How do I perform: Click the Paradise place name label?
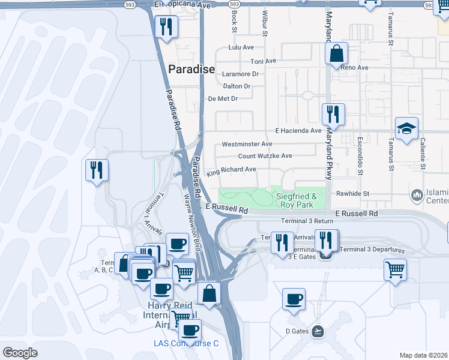click(x=191, y=69)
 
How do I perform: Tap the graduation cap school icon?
click(x=406, y=128)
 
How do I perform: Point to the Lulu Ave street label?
click(x=241, y=47)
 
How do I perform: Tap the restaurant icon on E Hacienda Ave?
click(x=333, y=114)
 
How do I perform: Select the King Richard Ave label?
click(x=231, y=171)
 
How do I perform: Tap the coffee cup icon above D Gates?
click(x=294, y=299)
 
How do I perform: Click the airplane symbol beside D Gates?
click(x=318, y=331)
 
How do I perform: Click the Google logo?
click(x=20, y=353)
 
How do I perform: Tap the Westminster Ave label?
click(x=247, y=144)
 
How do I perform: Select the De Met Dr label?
click(x=223, y=98)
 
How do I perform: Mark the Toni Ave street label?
click(x=263, y=61)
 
